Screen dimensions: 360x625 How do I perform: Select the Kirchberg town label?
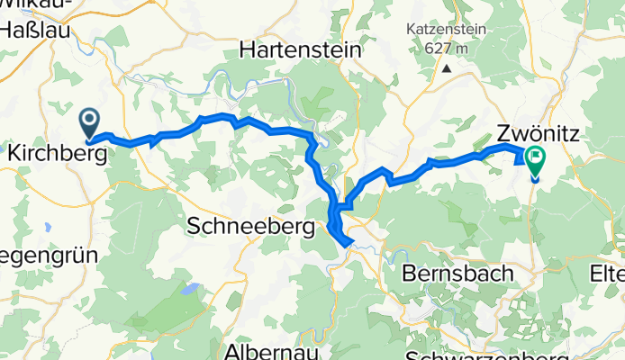coord(56,154)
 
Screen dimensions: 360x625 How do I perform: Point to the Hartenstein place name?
coord(300,51)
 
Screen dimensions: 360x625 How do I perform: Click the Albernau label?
coord(271,351)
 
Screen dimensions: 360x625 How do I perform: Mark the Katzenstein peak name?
coord(446,29)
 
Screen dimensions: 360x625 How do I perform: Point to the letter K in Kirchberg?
coord(13,154)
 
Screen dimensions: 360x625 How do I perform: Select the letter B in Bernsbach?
coord(410,273)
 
